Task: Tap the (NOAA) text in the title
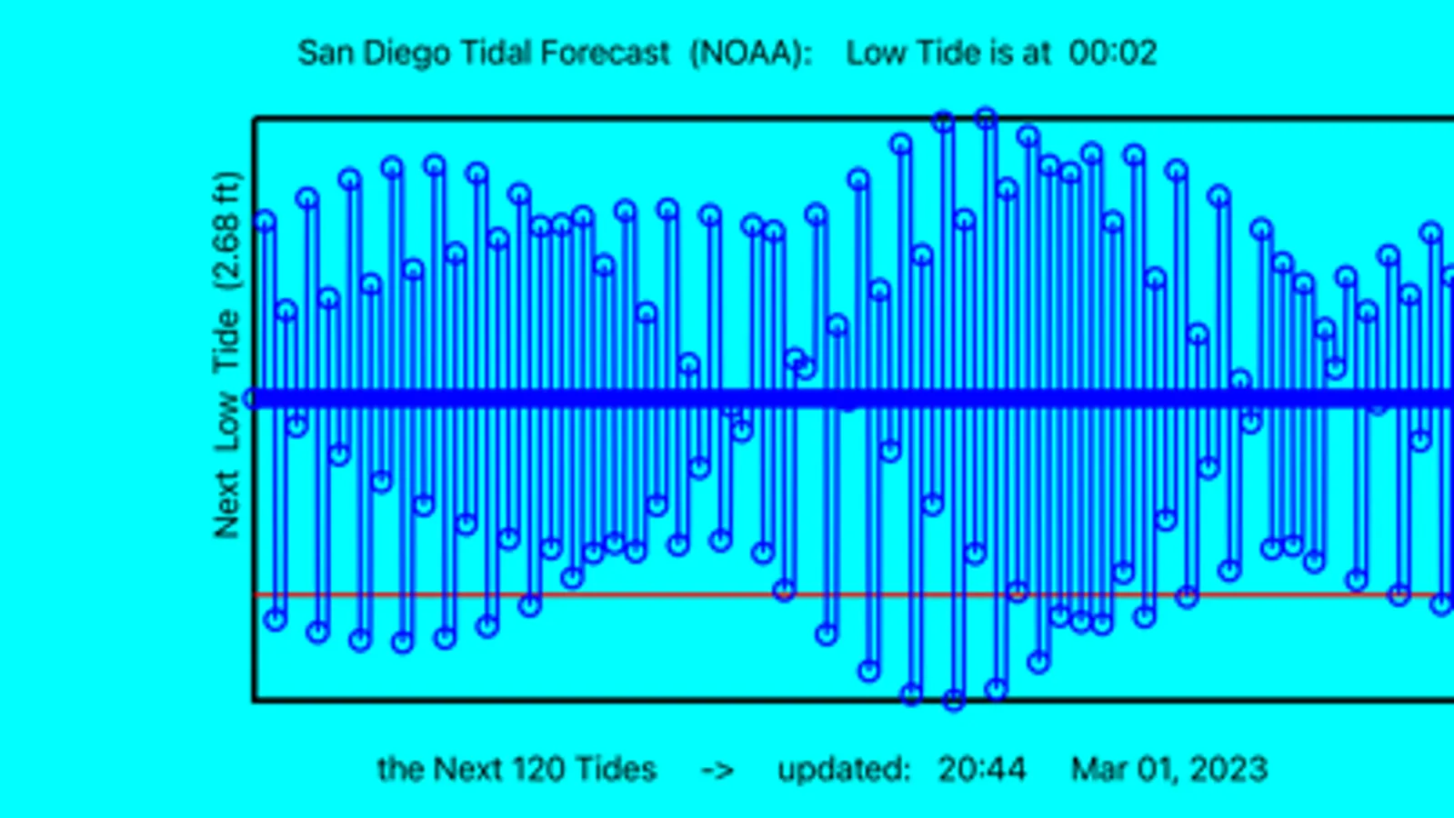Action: pyautogui.click(x=749, y=53)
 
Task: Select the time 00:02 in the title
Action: pyautogui.click(x=1112, y=53)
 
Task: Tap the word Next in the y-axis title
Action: pyautogui.click(x=226, y=505)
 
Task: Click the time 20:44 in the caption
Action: pyautogui.click(x=981, y=770)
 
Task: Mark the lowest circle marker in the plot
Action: pyautogui.click(x=953, y=701)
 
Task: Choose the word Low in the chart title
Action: pyautogui.click(x=876, y=53)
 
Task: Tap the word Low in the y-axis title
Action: pyautogui.click(x=226, y=422)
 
